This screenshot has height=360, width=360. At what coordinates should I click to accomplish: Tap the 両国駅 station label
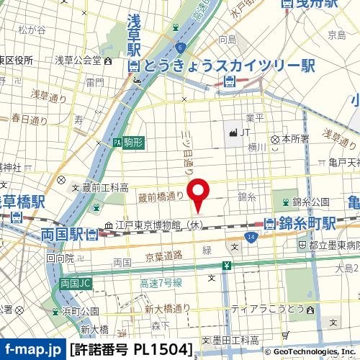(61, 234)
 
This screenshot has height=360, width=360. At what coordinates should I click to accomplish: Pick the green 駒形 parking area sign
(128, 143)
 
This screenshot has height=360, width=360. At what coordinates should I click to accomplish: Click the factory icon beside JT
(232, 132)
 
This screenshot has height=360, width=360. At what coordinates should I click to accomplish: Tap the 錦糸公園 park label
(310, 201)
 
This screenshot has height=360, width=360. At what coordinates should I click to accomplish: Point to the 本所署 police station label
(295, 138)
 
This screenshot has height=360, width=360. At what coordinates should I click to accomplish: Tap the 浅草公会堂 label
(79, 59)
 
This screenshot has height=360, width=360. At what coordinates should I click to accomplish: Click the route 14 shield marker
(250, 237)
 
